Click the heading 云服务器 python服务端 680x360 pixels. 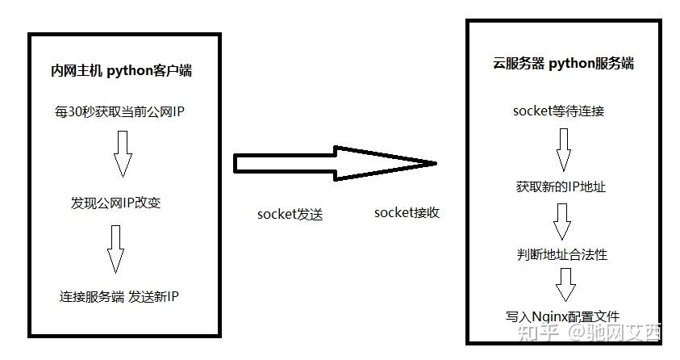point(563,63)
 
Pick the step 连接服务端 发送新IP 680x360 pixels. point(119,296)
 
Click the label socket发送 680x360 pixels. point(290,214)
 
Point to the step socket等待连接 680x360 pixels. point(558,111)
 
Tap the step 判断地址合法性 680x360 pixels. point(561,254)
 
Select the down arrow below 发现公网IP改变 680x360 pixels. point(116,249)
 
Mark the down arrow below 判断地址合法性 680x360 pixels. point(565,285)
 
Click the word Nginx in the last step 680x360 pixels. point(550,316)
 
